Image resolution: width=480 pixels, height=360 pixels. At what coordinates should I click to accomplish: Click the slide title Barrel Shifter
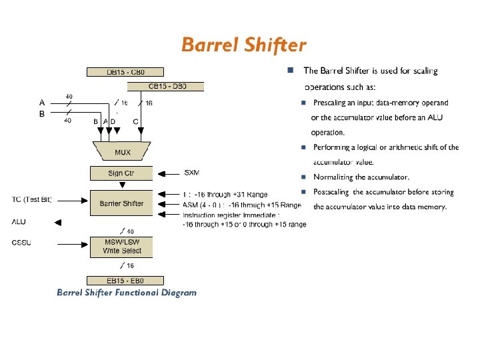pyautogui.click(x=243, y=45)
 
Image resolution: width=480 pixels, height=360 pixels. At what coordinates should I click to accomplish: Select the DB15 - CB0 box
pyautogui.click(x=125, y=71)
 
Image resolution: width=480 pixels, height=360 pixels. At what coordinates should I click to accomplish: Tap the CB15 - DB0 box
pyautogui.click(x=165, y=86)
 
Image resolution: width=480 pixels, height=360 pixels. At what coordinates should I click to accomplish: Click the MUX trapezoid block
pyautogui.click(x=122, y=151)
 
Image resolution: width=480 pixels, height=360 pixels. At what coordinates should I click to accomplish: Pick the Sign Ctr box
pyautogui.click(x=121, y=173)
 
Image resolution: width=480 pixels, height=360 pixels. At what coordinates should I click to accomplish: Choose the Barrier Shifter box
pyautogui.click(x=121, y=203)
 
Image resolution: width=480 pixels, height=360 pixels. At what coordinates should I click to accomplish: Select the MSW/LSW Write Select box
pyautogui.click(x=121, y=246)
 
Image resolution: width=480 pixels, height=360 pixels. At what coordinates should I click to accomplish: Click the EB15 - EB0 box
pyautogui.click(x=121, y=281)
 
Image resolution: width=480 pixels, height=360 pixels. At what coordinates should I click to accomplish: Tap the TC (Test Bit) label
pyautogui.click(x=32, y=199)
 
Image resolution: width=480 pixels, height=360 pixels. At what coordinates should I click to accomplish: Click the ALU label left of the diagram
pyautogui.click(x=19, y=222)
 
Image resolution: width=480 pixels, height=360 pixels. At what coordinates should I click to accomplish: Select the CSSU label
pyautogui.click(x=21, y=242)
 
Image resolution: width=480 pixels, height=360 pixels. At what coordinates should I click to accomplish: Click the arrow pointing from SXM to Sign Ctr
pyautogui.click(x=167, y=173)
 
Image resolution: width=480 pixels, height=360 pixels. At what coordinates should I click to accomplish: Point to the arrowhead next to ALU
pyautogui.click(x=58, y=223)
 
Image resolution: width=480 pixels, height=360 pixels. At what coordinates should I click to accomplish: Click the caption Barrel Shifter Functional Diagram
pyautogui.click(x=127, y=292)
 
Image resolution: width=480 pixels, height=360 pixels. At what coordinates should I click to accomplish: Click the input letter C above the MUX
pyautogui.click(x=136, y=121)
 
